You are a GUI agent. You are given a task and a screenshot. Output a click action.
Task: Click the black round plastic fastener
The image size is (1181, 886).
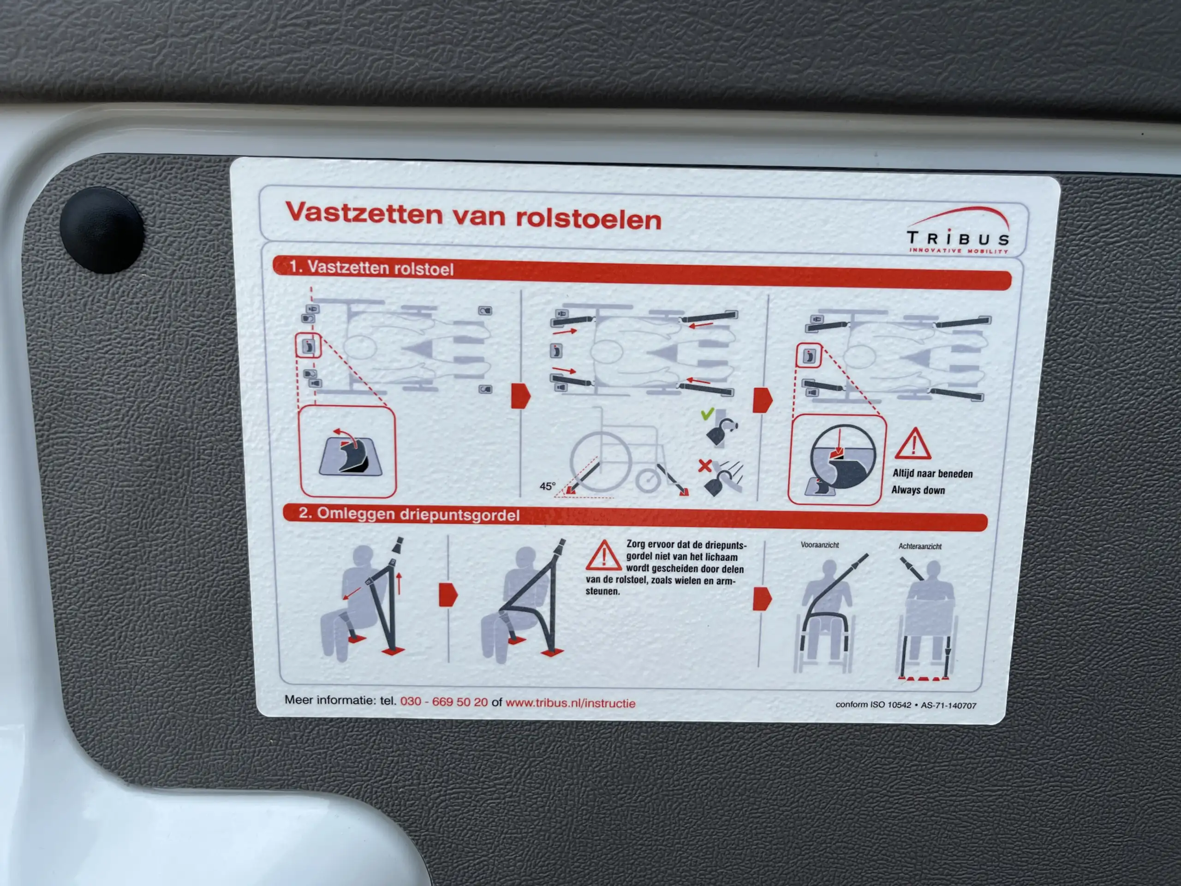[x=101, y=230]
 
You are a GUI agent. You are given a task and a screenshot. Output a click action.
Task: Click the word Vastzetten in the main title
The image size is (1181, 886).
[x=364, y=213]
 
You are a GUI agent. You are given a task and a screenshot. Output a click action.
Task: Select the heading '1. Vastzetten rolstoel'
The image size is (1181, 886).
[x=371, y=268]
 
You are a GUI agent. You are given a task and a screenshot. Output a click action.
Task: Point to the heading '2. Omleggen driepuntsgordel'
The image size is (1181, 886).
[x=409, y=515]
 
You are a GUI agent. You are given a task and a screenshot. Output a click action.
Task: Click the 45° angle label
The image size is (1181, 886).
[x=547, y=486]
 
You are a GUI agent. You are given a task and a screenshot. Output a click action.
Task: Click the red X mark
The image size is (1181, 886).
[x=705, y=466]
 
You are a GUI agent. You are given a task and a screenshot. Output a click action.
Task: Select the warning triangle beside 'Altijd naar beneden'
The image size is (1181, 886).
[x=913, y=444]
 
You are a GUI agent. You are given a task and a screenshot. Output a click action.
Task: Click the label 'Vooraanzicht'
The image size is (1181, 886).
[x=819, y=545]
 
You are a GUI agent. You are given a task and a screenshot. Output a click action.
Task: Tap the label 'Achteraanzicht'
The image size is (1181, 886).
[x=920, y=546]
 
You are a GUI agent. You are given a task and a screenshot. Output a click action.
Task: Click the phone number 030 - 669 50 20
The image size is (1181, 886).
[x=444, y=701]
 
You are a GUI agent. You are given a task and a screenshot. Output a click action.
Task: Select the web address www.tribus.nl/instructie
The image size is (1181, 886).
[x=570, y=703]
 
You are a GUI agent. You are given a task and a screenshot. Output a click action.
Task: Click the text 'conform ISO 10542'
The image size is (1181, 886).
[x=873, y=705]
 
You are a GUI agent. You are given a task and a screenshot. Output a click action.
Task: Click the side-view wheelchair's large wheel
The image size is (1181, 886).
[x=600, y=461]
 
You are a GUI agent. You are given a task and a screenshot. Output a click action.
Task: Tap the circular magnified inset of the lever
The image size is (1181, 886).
[x=843, y=457]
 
